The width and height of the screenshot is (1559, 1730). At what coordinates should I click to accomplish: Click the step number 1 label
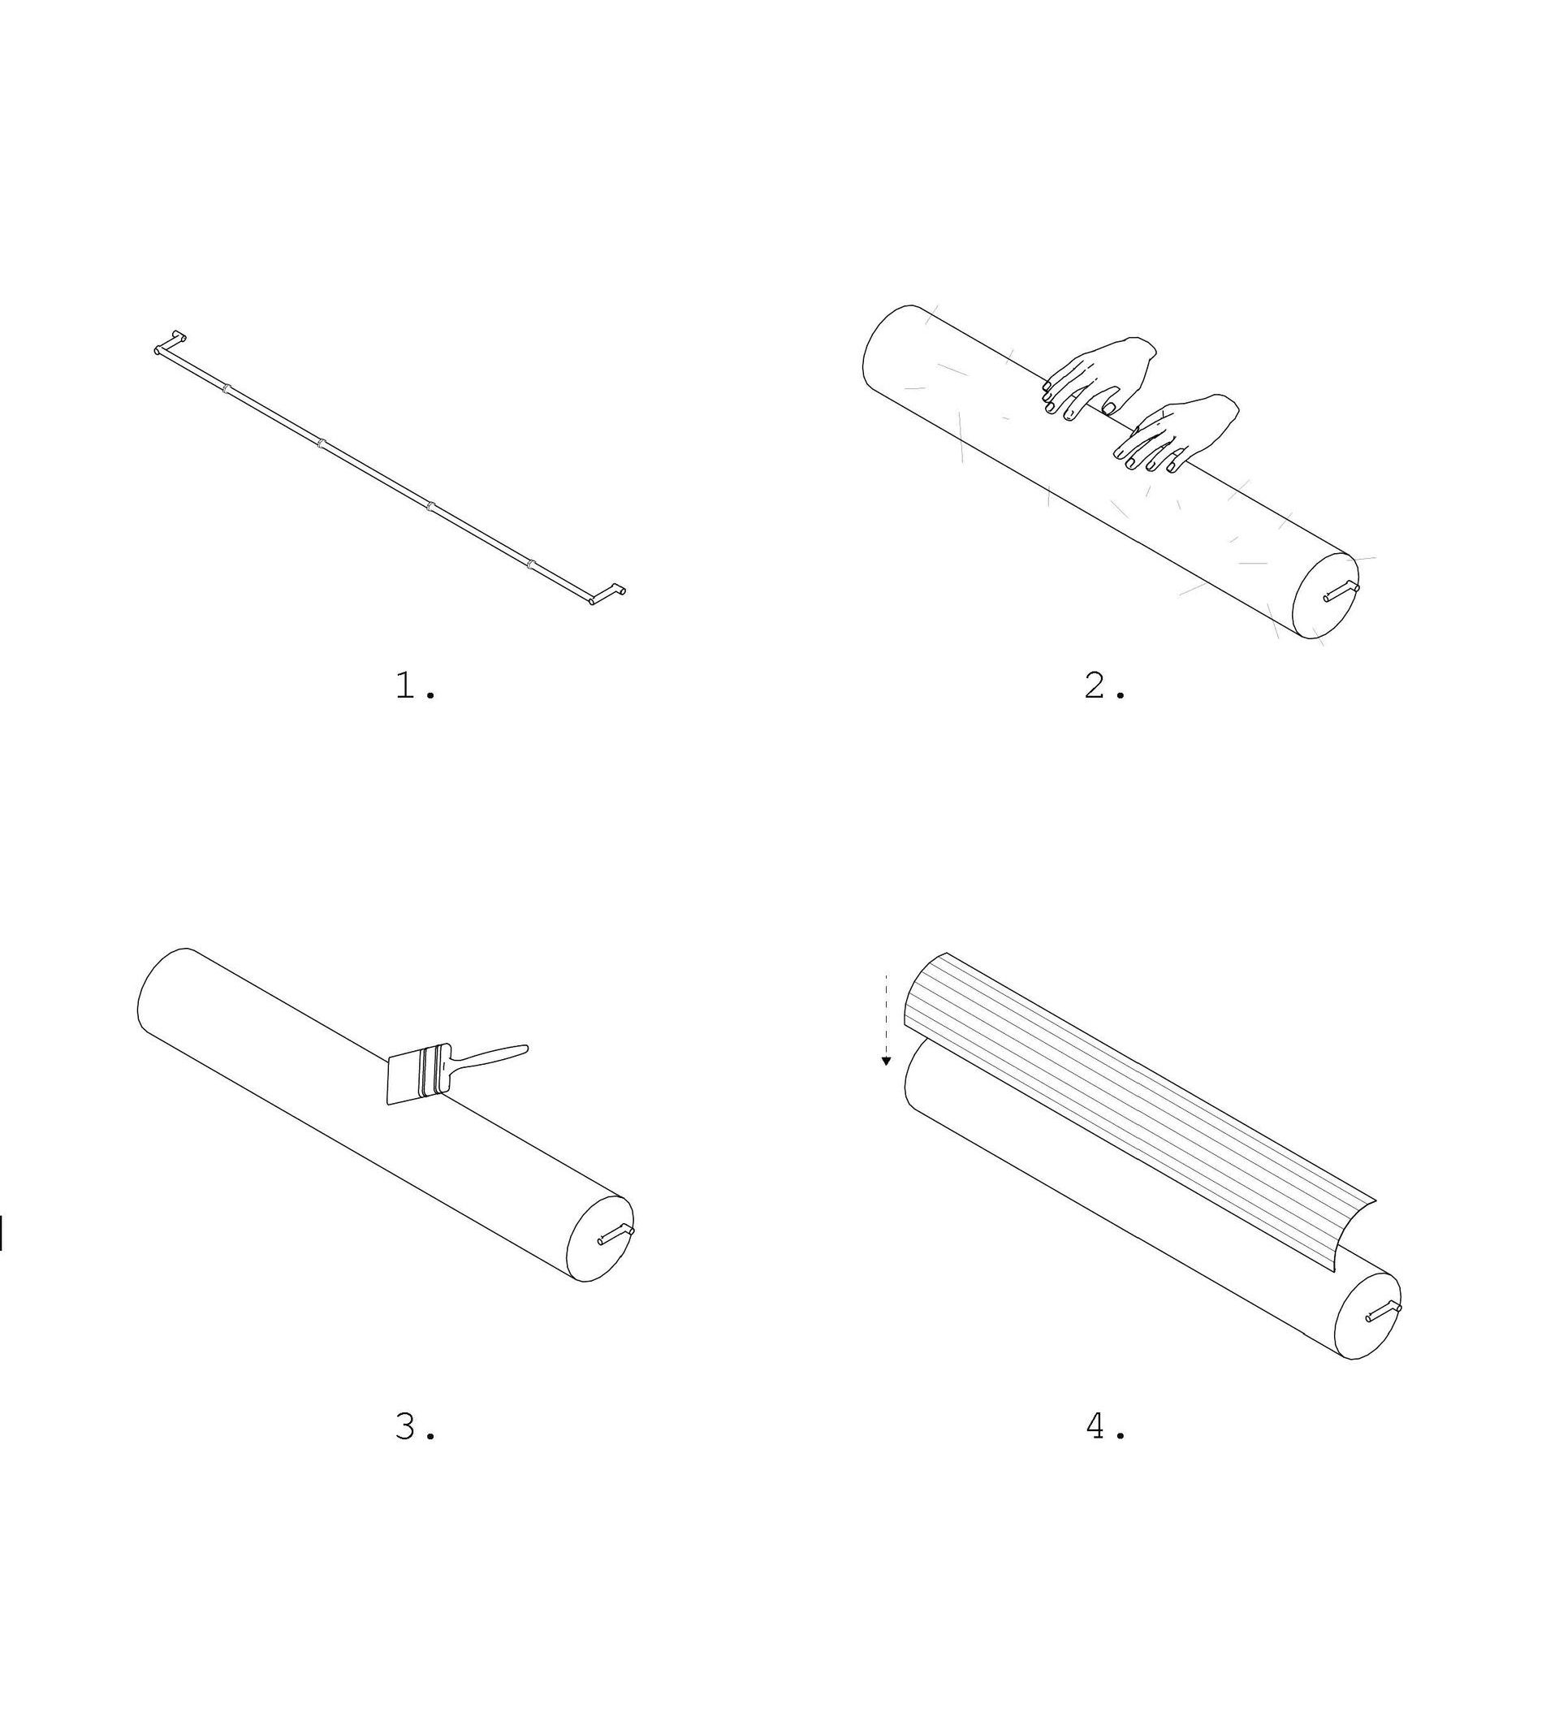tap(417, 686)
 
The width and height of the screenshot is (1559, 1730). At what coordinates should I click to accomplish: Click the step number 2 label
tap(1105, 686)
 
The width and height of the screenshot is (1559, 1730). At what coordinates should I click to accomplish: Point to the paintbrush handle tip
tap(526, 1048)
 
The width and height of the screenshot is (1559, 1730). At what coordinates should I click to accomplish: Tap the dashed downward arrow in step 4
tap(887, 1019)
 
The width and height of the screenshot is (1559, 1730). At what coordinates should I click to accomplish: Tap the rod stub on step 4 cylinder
tap(1384, 1312)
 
